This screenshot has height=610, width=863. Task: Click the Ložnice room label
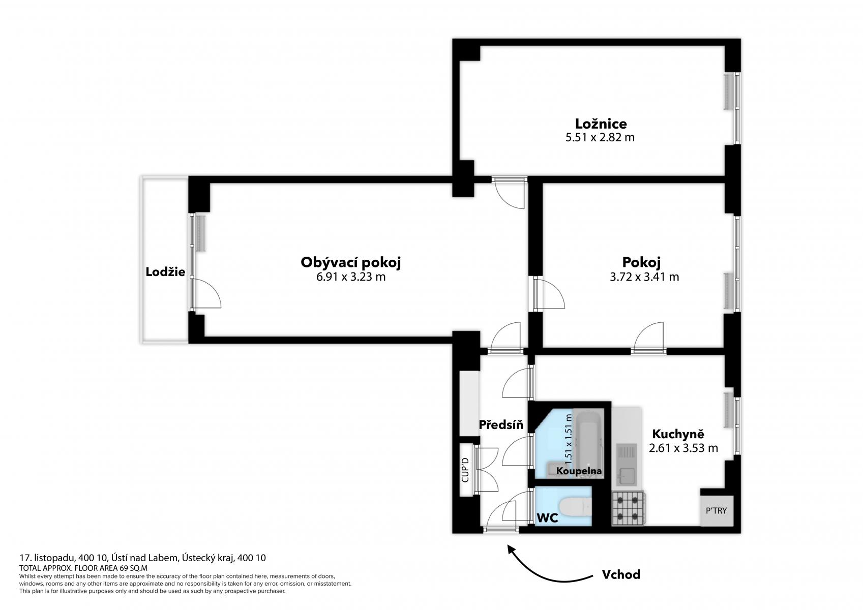(601, 124)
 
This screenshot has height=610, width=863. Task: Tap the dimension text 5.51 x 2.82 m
(600, 137)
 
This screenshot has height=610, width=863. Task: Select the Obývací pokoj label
(350, 263)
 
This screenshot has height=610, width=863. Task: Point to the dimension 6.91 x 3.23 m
(350, 277)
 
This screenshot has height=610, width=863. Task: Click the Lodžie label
(165, 272)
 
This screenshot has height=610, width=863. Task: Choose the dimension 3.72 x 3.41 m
(644, 277)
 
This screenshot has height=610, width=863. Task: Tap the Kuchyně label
(678, 434)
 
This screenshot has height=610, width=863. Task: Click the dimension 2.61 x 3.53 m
(683, 448)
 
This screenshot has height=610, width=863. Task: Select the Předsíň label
(501, 424)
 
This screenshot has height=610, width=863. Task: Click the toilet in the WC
(575, 506)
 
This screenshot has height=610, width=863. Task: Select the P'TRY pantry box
(717, 511)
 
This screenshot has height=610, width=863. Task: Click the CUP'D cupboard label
(465, 470)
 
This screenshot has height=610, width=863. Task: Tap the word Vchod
(621, 574)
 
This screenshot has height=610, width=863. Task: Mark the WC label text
(548, 518)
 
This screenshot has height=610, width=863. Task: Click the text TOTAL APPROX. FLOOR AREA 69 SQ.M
(83, 568)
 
